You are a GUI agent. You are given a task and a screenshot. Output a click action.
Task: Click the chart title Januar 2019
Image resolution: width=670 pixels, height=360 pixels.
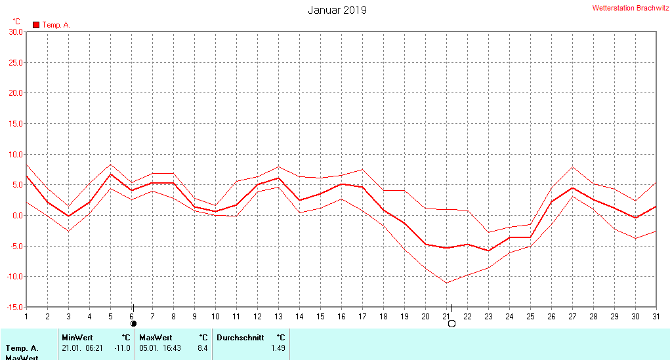coord(337,10)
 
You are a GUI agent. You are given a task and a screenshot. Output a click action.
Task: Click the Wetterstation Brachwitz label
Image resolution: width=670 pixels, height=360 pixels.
coord(630,9)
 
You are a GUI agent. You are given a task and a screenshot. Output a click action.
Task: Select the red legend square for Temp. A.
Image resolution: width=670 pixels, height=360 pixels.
coord(36,25)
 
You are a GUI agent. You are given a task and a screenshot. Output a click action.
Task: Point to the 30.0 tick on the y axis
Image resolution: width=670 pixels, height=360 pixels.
coord(14,31)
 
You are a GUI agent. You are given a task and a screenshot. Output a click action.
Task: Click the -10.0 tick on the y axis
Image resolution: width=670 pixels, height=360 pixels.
coord(13,276)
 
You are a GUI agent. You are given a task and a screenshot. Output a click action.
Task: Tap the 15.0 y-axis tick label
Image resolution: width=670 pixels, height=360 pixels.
coord(14,123)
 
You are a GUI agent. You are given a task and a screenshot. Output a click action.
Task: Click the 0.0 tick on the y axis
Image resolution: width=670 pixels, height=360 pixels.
coord(16,215)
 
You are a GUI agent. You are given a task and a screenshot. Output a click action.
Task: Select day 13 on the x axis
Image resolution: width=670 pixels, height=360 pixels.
coord(278,316)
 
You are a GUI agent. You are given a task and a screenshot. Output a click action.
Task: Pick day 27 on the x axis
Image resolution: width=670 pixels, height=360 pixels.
coord(572,316)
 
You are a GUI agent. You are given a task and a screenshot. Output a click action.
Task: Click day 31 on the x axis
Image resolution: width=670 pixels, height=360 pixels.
coord(656,316)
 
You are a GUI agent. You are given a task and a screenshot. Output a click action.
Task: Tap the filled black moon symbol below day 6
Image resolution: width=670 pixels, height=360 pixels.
coord(133,323)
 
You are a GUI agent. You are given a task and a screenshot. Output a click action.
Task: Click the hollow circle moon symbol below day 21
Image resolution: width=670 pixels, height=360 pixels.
coord(451,323)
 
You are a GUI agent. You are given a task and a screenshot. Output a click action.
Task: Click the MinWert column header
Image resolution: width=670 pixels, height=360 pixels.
coord(77,338)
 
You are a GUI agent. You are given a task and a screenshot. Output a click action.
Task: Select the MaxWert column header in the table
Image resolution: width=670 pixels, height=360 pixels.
coord(155,338)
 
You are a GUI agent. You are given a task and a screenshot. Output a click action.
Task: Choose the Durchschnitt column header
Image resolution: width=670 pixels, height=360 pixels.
coord(240,338)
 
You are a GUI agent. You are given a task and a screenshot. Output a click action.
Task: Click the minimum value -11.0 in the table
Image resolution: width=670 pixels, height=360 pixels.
coord(122,348)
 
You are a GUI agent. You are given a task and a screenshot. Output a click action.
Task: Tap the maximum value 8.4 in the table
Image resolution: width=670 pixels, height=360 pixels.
coord(202,348)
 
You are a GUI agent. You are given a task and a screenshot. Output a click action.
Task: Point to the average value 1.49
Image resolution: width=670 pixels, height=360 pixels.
coord(278,348)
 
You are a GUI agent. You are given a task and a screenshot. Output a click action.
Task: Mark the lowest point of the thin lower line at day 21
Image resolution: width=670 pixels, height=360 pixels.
coord(446,283)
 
